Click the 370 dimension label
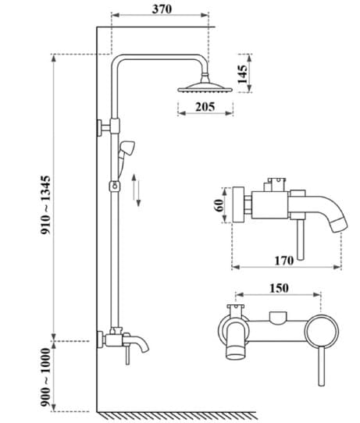(x=161, y=9)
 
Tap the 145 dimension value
(x=243, y=75)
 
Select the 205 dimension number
(x=205, y=107)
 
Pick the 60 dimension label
(x=219, y=204)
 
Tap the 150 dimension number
(x=279, y=288)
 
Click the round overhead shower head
(x=205, y=86)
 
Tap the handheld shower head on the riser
(x=129, y=148)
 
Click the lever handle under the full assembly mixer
(x=124, y=360)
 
